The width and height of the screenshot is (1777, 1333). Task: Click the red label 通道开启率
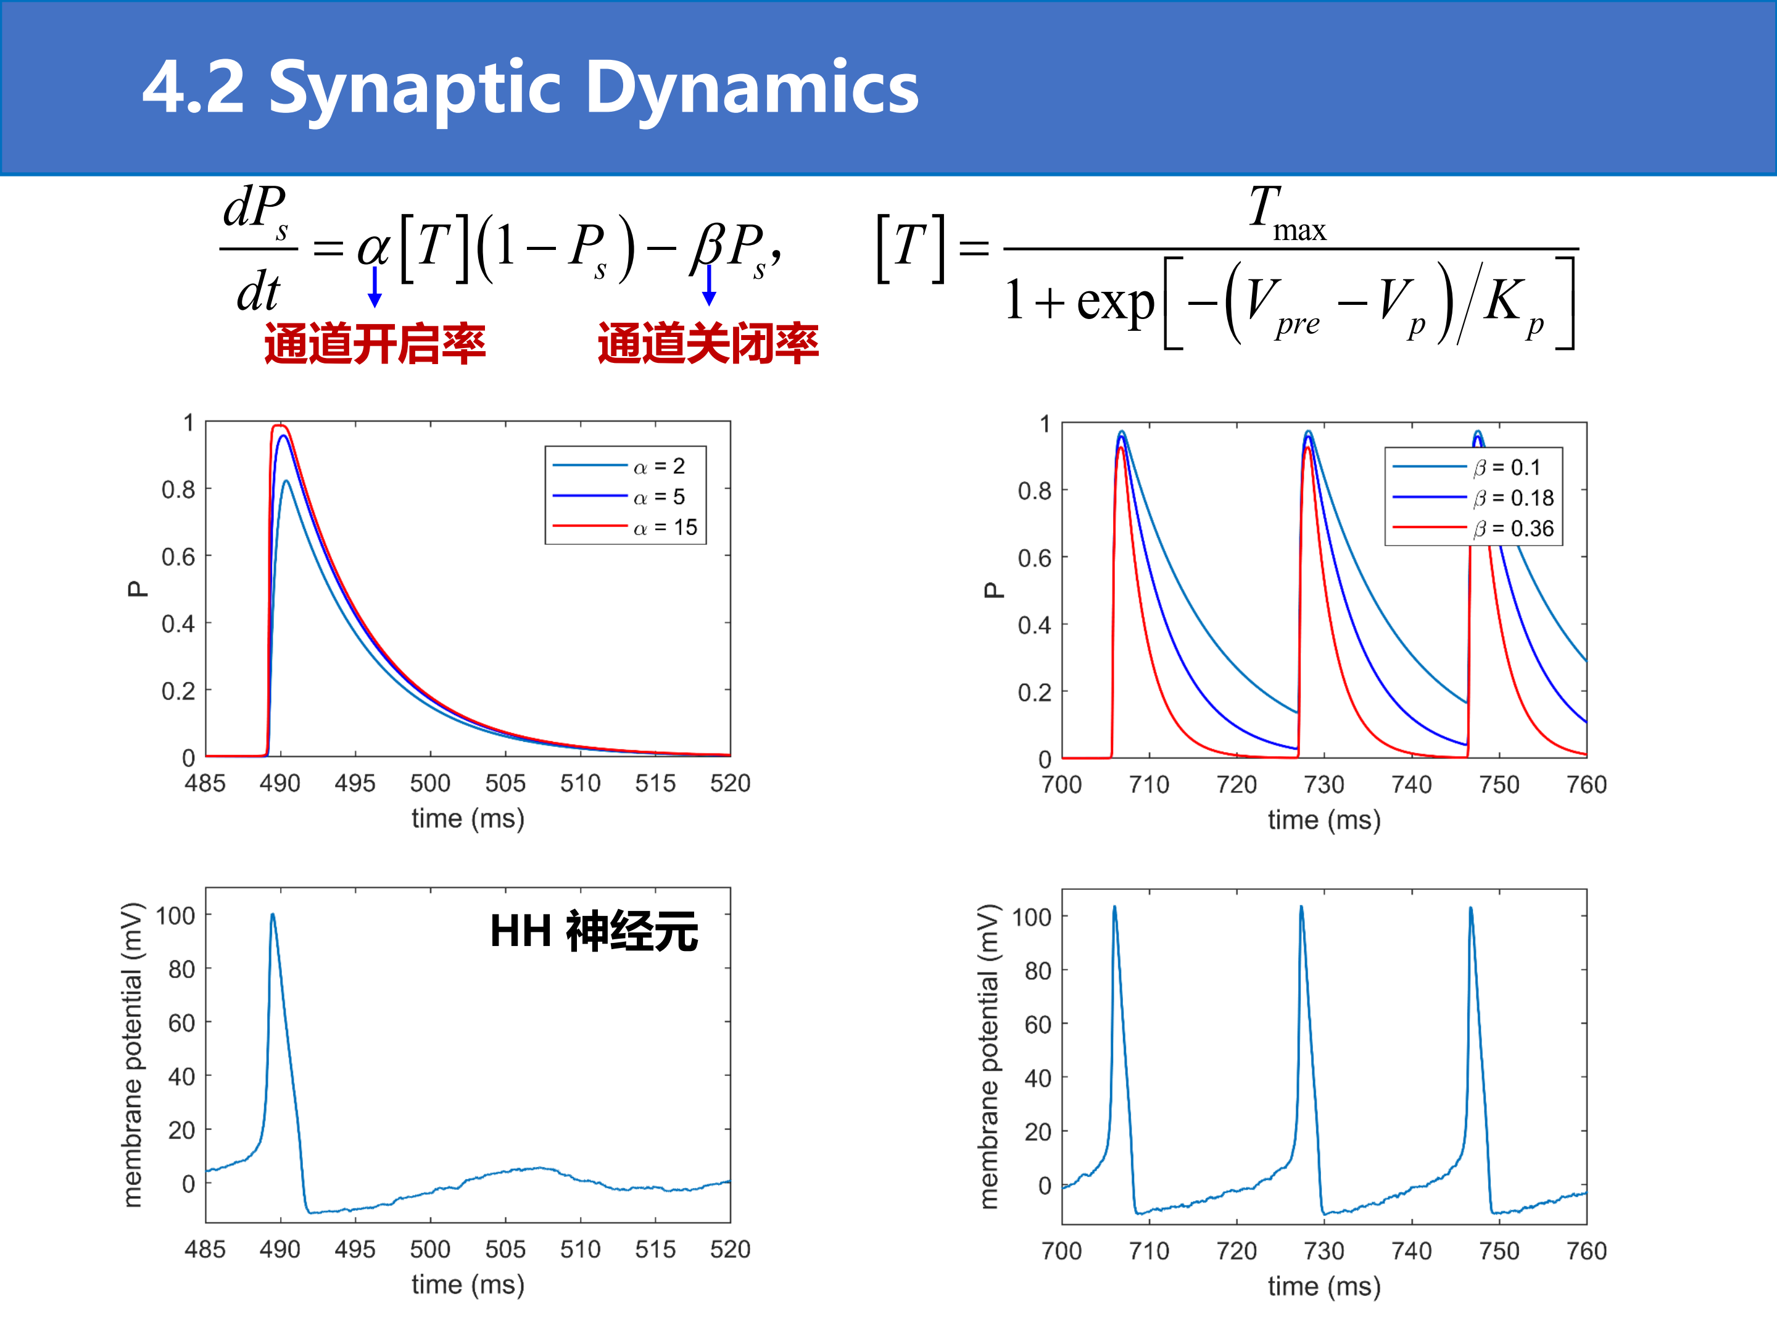tap(375, 344)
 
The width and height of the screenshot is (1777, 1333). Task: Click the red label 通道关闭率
tap(708, 343)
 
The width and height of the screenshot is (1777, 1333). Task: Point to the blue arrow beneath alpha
tap(375, 287)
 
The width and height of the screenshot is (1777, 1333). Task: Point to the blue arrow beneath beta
tap(708, 285)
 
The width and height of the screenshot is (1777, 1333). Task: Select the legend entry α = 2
tap(619, 466)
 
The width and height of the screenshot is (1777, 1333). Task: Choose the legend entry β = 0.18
tap(1473, 498)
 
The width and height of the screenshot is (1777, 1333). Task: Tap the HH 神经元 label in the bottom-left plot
tap(594, 932)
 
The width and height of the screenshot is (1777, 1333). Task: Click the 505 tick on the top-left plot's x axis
tap(505, 783)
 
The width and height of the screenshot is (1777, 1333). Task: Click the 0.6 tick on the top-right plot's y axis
tap(1035, 558)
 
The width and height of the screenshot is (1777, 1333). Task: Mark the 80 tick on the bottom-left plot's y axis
tap(181, 969)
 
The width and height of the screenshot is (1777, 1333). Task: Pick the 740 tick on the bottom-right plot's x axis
tap(1412, 1251)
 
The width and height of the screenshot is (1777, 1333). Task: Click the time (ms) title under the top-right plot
tap(1324, 820)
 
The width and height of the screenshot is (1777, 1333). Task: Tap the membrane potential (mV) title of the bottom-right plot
tap(989, 1057)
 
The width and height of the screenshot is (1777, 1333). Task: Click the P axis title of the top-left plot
tap(138, 589)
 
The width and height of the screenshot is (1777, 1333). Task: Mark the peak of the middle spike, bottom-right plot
tap(1301, 907)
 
